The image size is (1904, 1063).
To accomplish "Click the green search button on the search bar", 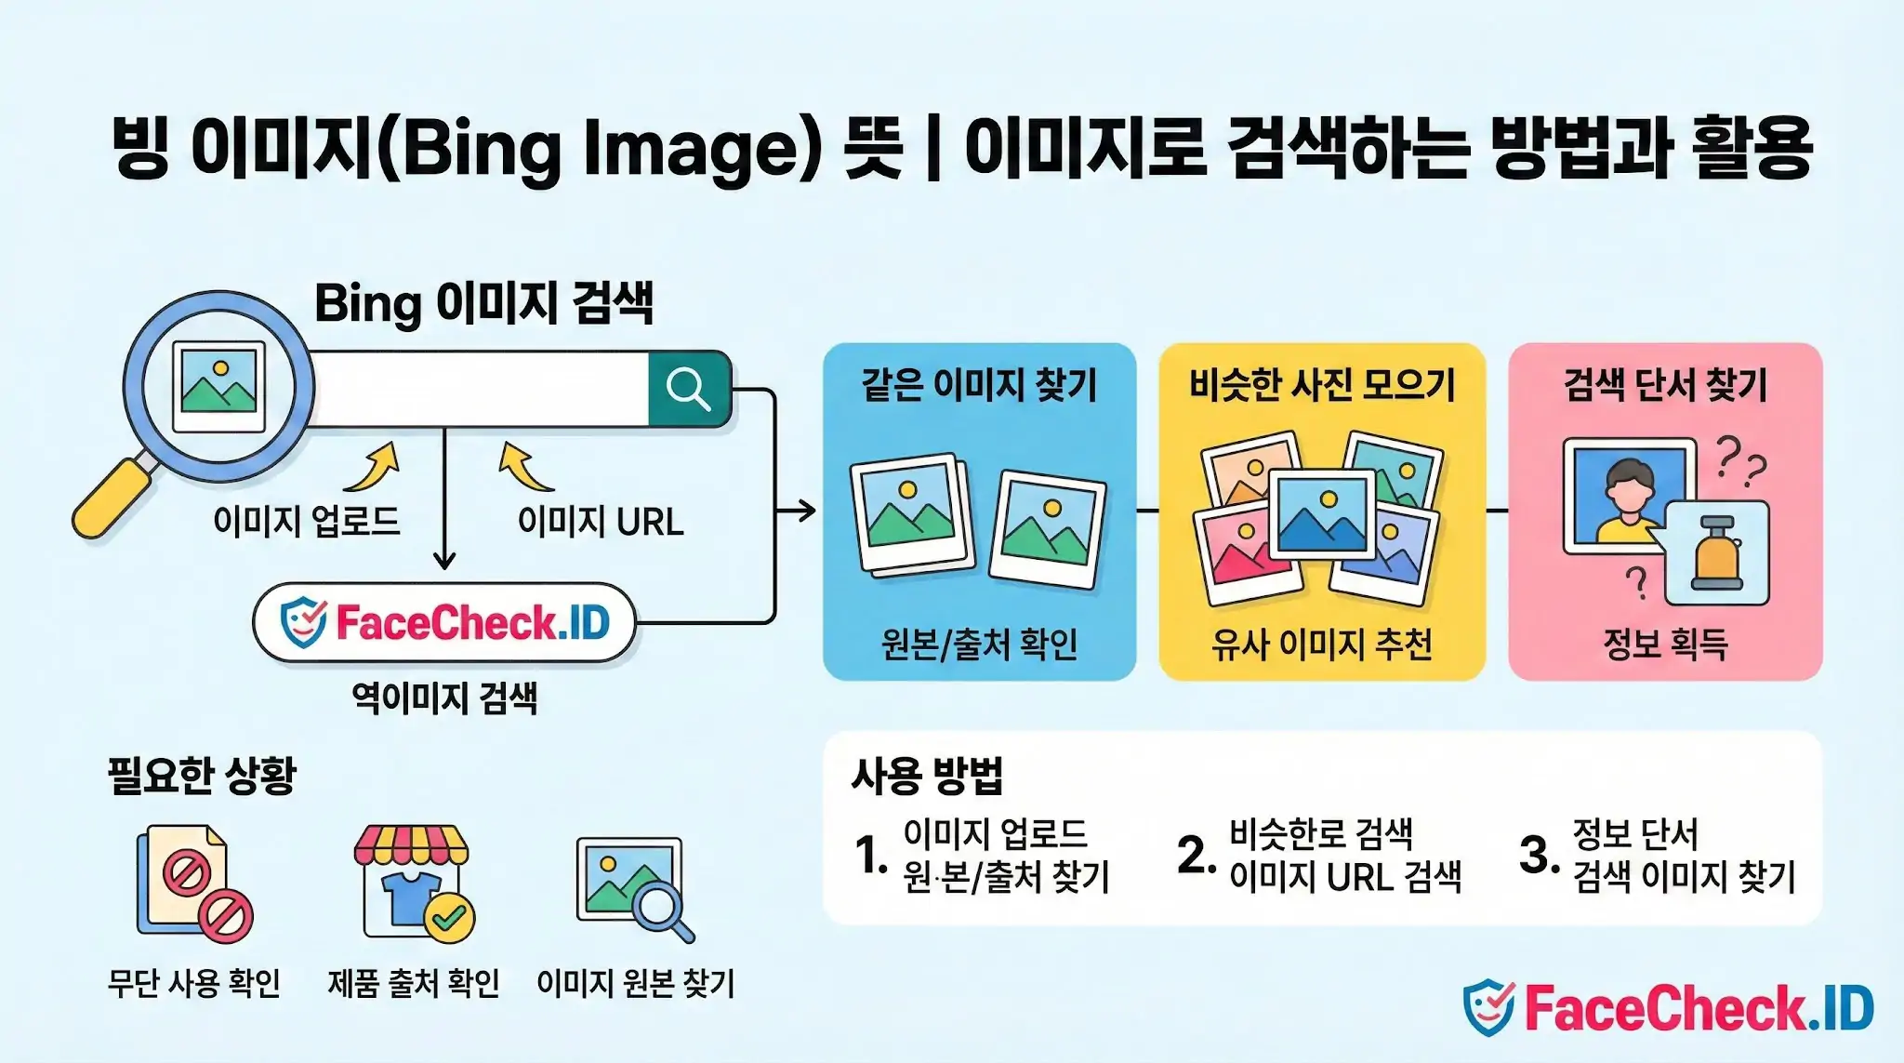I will (x=689, y=389).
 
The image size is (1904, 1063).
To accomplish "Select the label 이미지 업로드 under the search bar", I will (x=307, y=521).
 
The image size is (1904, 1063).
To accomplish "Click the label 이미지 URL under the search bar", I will (x=601, y=522).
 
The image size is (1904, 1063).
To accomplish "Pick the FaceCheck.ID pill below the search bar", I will (x=444, y=622).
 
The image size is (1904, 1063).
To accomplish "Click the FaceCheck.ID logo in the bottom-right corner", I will (x=1668, y=1008).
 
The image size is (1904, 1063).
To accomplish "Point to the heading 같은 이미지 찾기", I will (x=979, y=384).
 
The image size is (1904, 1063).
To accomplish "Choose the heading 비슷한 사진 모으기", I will (x=1322, y=384).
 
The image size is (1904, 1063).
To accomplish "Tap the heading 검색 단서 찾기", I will (x=1665, y=384).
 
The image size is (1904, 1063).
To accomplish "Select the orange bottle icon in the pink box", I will (x=1716, y=553).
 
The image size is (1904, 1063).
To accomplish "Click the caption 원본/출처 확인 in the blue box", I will (x=979, y=644).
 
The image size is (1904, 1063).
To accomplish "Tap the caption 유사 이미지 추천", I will (x=1322, y=644).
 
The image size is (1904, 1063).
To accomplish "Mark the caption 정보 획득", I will (x=1665, y=644).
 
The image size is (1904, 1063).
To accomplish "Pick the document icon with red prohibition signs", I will (x=193, y=884).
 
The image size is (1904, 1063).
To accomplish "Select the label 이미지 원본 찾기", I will (x=636, y=983).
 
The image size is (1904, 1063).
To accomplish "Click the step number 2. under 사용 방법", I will (x=1195, y=855).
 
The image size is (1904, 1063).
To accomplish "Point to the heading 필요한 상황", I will (x=202, y=775).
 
